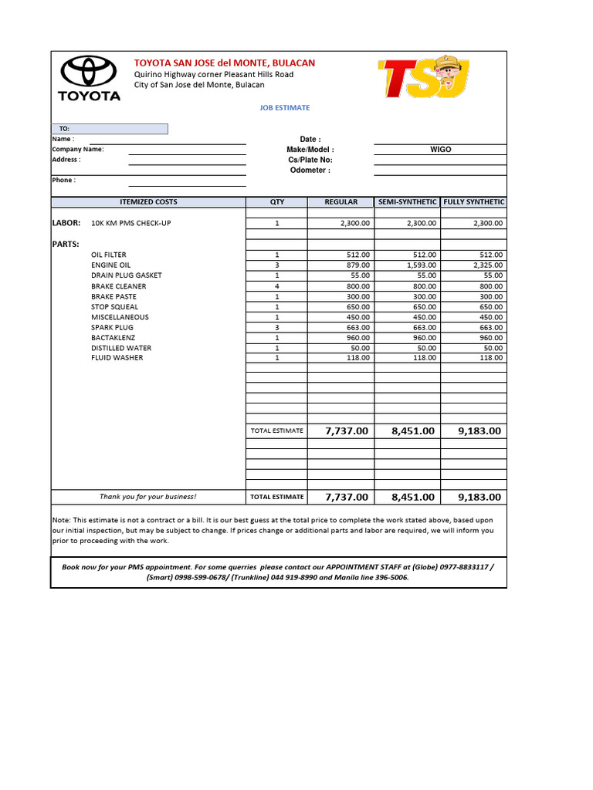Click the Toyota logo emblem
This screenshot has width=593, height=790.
(89, 71)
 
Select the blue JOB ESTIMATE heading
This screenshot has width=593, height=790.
(285, 109)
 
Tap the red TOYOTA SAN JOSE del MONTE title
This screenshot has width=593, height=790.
(225, 62)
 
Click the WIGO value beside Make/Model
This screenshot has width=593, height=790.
(440, 150)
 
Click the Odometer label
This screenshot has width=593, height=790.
(310, 170)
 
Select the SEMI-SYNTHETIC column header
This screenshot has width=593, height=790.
(407, 202)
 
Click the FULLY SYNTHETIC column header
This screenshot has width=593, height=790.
(473, 202)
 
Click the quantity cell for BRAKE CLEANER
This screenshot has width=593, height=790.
(276, 286)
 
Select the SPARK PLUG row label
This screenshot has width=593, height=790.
(112, 328)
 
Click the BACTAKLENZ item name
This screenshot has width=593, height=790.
(112, 338)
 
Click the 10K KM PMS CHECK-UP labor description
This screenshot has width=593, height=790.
(130, 223)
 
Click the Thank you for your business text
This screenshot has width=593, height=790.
(147, 497)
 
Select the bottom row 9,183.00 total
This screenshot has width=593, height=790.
(479, 497)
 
